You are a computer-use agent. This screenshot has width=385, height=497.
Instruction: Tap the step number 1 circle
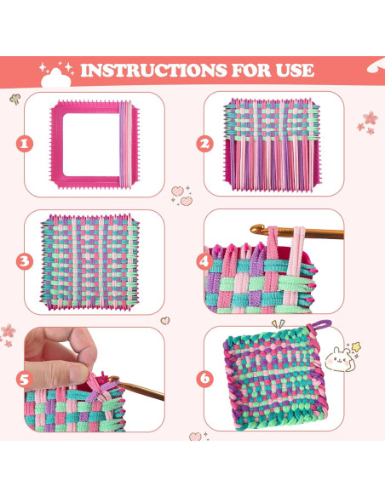click(x=25, y=144)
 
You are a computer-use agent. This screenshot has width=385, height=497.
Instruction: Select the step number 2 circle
click(x=204, y=144)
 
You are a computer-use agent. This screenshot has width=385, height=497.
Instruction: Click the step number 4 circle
click(x=204, y=261)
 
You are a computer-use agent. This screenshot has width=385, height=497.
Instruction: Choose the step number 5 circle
click(x=25, y=380)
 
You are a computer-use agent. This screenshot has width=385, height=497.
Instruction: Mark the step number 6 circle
click(x=204, y=380)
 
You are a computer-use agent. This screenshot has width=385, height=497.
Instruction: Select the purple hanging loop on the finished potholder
click(x=320, y=327)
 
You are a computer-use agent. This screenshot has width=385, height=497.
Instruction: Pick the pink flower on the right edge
click(x=369, y=120)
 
